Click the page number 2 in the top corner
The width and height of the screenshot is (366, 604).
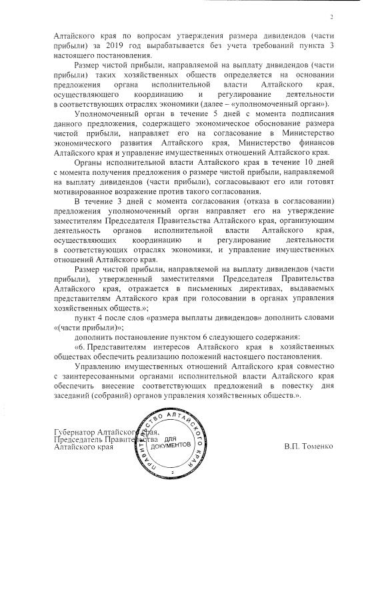[331, 17]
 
